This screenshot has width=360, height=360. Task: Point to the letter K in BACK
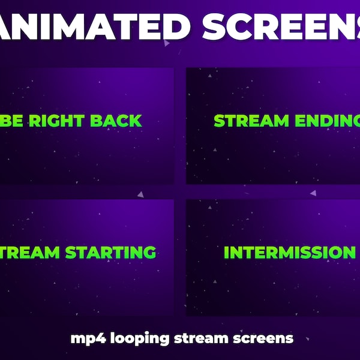click(135, 121)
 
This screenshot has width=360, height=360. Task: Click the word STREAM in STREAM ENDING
click(242, 121)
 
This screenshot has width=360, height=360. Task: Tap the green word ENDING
click(318, 121)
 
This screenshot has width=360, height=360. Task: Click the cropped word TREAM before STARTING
click(30, 252)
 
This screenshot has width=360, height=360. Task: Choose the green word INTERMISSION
click(289, 252)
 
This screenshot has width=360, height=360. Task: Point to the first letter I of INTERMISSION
click(226, 252)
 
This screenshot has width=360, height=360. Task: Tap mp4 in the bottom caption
click(82, 338)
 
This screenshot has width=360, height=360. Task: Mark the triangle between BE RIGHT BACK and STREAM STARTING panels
click(140, 194)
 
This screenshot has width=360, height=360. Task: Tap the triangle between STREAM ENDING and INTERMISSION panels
click(313, 193)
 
